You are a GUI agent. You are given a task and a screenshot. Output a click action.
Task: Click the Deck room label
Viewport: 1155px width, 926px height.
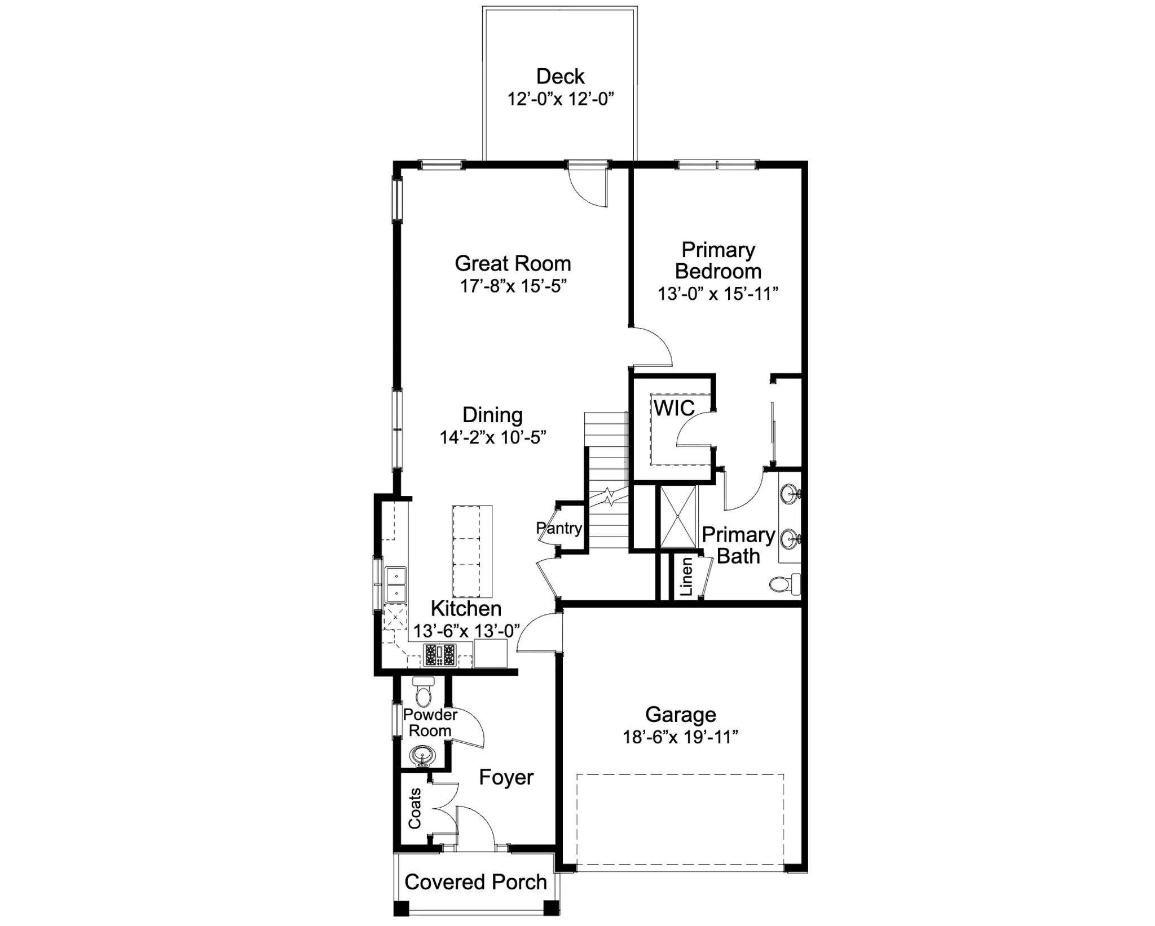(560, 77)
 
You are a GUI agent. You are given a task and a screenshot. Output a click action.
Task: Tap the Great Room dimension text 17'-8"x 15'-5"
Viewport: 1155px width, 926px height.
(513, 286)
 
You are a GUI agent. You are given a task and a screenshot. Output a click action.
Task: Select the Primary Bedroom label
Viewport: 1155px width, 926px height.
(718, 260)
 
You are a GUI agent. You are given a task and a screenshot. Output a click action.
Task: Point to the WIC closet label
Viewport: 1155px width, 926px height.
(675, 408)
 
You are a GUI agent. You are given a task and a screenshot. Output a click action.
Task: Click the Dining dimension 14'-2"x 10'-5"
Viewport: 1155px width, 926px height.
(493, 437)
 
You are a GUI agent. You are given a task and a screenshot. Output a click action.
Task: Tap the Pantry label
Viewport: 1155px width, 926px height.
(559, 528)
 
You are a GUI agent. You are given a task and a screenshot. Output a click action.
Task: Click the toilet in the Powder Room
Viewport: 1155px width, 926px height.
(423, 691)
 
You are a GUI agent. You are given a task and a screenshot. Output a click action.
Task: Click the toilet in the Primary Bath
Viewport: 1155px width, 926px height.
(784, 584)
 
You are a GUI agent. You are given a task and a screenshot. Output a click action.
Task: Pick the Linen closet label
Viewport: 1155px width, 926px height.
(686, 577)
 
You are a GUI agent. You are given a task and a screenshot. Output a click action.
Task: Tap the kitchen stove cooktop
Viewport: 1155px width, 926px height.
(439, 655)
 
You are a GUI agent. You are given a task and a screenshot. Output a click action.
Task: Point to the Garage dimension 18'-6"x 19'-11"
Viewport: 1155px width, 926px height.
(681, 737)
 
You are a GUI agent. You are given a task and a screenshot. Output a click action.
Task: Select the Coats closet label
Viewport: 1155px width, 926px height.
(415, 808)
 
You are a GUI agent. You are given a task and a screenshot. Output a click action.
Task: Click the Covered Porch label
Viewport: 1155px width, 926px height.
(476, 882)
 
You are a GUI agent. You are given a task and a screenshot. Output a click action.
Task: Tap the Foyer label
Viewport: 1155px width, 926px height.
(506, 778)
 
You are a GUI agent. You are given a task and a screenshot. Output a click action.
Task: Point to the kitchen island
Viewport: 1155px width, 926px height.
(472, 551)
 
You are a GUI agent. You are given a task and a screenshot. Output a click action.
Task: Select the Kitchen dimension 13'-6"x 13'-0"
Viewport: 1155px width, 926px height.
(466, 631)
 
